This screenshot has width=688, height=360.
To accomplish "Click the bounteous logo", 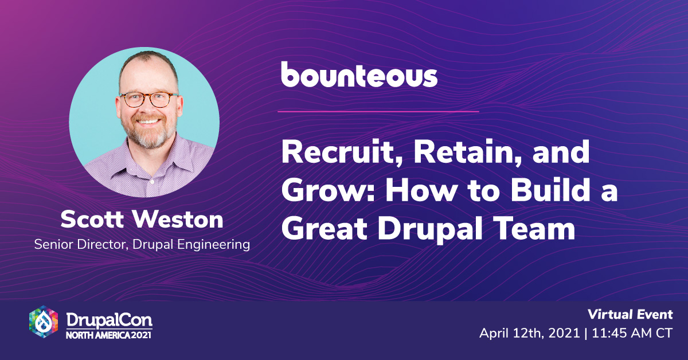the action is coord(359,75).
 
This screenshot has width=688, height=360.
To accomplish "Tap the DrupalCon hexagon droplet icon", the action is coord(44,322).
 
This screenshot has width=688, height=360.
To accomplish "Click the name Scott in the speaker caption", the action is coord(92,220).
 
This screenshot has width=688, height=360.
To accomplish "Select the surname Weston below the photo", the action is coord(178,220).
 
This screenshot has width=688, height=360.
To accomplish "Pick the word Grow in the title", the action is coord(329,191).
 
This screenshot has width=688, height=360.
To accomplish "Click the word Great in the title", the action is coord(325,229).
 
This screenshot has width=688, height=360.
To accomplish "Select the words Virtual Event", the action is coord(630,315).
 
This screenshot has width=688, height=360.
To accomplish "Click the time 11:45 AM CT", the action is coord(632,333).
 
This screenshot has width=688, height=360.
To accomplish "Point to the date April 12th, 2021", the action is coord(530,334).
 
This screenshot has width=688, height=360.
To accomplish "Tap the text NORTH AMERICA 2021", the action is coord(109,335).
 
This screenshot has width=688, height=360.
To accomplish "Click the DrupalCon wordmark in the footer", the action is coord(110,320).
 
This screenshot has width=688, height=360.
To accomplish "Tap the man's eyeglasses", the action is coord(150,100).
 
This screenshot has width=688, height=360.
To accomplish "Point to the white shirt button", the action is coord(152,182).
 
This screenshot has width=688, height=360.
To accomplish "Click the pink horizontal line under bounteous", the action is coord(378,112).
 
